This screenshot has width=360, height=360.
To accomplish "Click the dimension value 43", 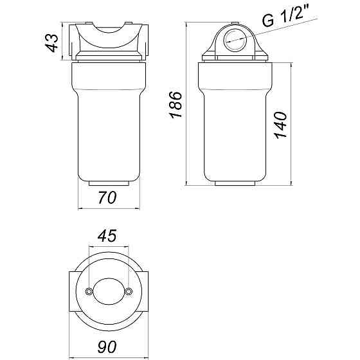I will (x=53, y=43).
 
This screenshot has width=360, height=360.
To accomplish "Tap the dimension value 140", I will (x=282, y=122).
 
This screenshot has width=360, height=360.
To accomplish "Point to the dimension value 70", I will (x=108, y=199).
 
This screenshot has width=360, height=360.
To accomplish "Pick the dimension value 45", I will (x=108, y=236).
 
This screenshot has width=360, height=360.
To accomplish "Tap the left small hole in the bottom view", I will (x=88, y=292).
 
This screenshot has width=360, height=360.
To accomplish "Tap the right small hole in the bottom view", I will (x=129, y=292).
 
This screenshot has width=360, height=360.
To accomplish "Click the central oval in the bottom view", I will (x=108, y=292).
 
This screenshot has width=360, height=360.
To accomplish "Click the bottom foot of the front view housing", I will (x=108, y=184).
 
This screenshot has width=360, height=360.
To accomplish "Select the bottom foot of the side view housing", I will (x=235, y=184).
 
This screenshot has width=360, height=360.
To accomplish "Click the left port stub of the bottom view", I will (x=72, y=292).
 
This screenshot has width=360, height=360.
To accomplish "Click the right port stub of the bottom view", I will (x=145, y=292).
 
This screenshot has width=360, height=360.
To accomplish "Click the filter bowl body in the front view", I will (x=108, y=122).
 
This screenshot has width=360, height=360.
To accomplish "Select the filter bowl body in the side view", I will (x=235, y=122).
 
